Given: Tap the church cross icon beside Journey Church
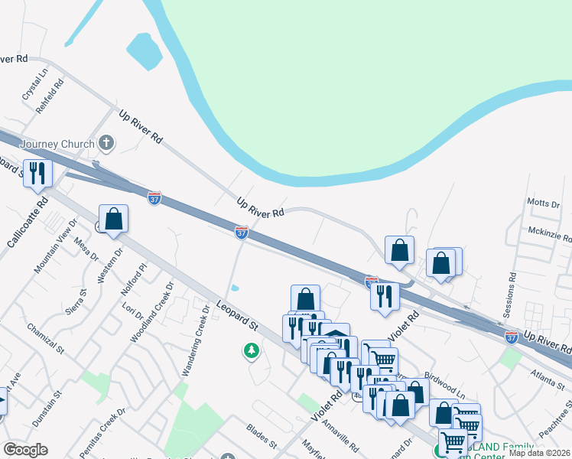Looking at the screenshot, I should coord(106,143).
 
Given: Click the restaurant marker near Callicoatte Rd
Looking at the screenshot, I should coord(36,172).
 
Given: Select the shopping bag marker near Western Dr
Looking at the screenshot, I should coord(113,219).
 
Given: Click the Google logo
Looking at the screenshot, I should coord(25,450).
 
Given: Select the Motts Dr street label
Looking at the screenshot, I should coord(544,203).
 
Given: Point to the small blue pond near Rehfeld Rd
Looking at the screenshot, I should coord(144,52).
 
